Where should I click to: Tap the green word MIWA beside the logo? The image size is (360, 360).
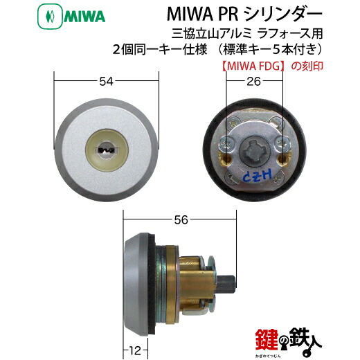click(x=49, y=14)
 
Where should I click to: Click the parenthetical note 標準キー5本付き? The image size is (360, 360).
click(x=280, y=49)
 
